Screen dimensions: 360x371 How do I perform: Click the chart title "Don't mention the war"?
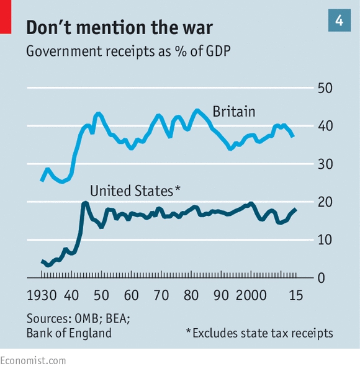(120, 27)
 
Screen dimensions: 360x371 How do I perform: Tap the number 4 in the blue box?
(339, 20)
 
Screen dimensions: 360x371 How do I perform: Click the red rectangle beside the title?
(6, 17)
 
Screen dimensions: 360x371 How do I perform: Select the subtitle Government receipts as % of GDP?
(128, 51)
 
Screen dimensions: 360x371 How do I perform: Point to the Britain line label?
(234, 111)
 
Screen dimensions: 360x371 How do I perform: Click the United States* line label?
(135, 190)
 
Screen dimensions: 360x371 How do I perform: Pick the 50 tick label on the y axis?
(325, 88)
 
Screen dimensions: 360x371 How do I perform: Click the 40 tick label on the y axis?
(325, 126)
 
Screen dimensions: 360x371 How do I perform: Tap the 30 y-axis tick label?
(325, 164)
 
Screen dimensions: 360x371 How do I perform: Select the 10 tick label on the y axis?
(325, 240)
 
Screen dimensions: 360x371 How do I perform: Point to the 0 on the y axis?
(322, 278)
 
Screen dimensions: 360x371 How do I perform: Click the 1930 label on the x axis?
(42, 295)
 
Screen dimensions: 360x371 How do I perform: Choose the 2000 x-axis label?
(251, 295)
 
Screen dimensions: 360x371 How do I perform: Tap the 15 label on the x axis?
(296, 295)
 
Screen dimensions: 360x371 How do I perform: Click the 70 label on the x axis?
(161, 295)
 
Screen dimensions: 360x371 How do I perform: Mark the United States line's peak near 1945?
(85, 203)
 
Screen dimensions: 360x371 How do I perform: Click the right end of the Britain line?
(293, 136)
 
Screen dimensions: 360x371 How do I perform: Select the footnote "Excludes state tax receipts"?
(263, 333)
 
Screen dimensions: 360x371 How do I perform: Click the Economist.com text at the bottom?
(33, 360)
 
